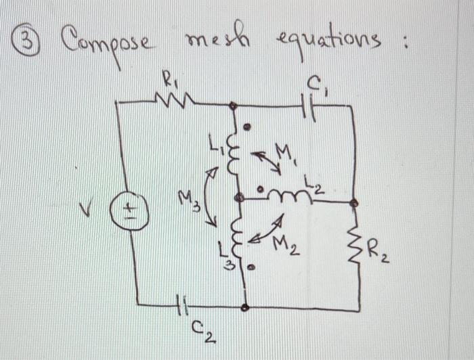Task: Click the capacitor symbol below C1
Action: coord(309,106)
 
